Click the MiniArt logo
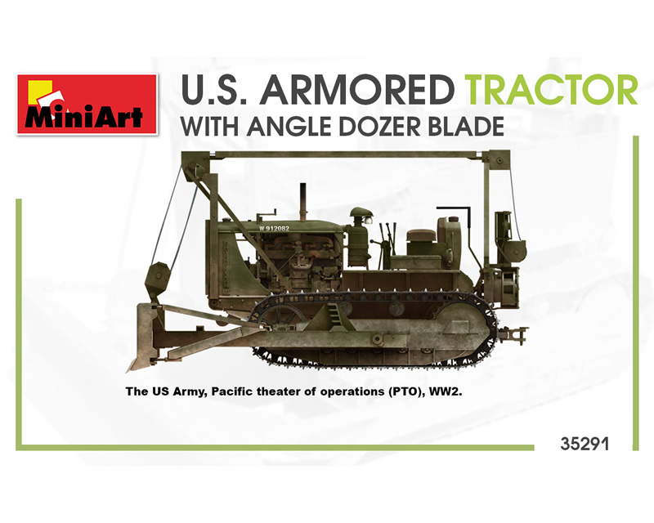pyautogui.click(x=87, y=105)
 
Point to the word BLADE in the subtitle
pyautogui.click(x=465, y=127)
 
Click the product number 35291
pyautogui.click(x=585, y=444)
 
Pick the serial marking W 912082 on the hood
pyautogui.click(x=274, y=228)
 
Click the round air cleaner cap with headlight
pyautogui.click(x=361, y=216)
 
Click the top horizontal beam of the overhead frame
pyautogui.click(x=346, y=155)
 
